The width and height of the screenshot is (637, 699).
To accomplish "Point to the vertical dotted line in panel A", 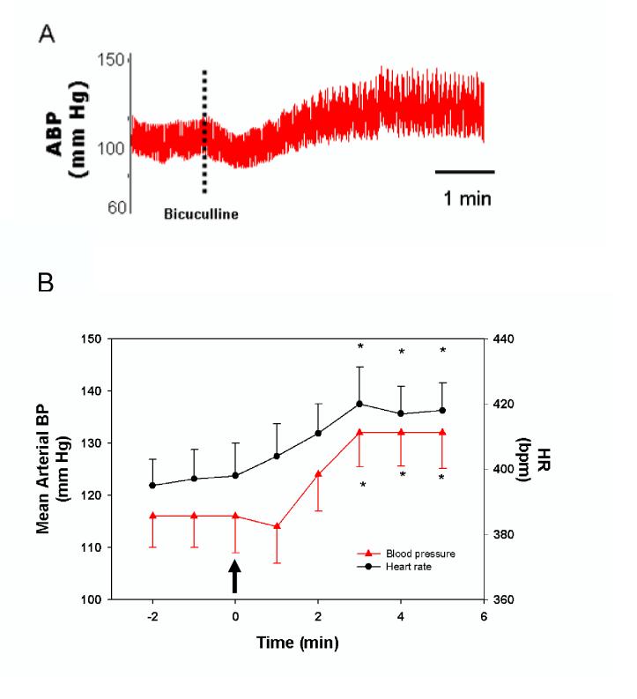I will [x=204, y=132].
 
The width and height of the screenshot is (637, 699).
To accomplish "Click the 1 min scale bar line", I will [x=465, y=172].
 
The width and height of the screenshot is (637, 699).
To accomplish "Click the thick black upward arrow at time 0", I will [x=235, y=577].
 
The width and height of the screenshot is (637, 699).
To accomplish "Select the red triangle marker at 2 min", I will [x=318, y=473].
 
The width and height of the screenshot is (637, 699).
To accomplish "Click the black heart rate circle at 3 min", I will [x=359, y=404].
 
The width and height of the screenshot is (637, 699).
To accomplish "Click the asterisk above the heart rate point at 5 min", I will [x=442, y=351].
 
